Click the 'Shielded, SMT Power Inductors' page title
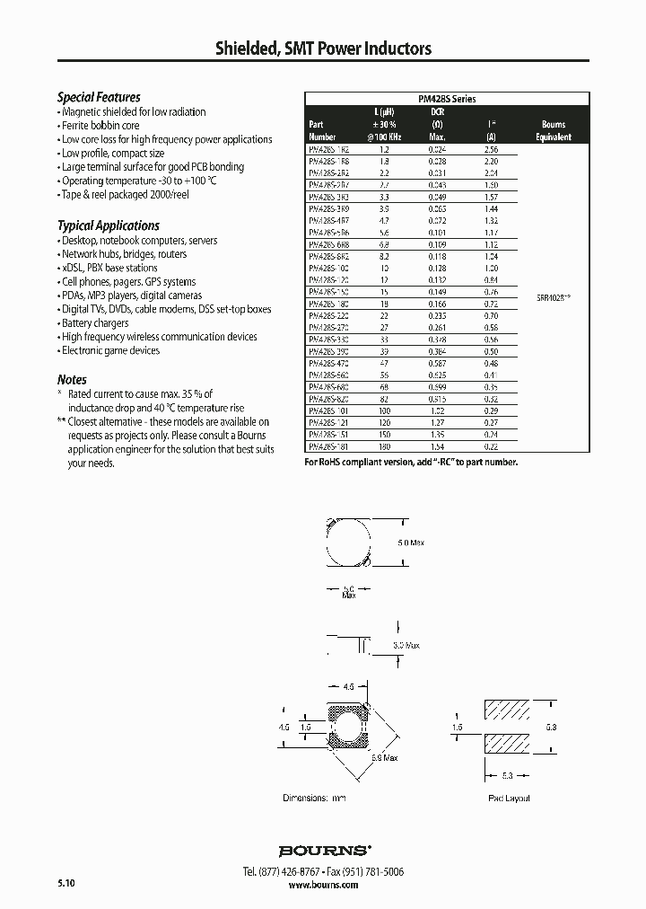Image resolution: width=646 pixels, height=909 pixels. [323, 49]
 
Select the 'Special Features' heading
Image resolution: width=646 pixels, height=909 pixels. [99, 97]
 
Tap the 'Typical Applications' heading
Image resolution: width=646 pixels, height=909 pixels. [108, 225]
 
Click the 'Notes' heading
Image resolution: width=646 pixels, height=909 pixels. [72, 379]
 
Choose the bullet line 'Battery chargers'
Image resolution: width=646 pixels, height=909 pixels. [94, 322]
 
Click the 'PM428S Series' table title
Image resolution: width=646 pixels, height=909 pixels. [447, 99]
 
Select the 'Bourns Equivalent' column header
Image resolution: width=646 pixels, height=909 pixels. [554, 131]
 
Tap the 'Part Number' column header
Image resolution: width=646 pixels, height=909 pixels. [321, 131]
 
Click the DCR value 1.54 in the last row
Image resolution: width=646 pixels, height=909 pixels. [438, 446]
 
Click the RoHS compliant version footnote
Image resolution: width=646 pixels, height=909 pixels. [411, 462]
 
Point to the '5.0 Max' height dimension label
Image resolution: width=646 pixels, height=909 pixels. [409, 542]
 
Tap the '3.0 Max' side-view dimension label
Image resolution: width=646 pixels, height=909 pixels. [405, 645]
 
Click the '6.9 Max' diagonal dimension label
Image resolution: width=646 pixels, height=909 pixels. [384, 758]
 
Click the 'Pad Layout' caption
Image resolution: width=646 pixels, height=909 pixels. [509, 799]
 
